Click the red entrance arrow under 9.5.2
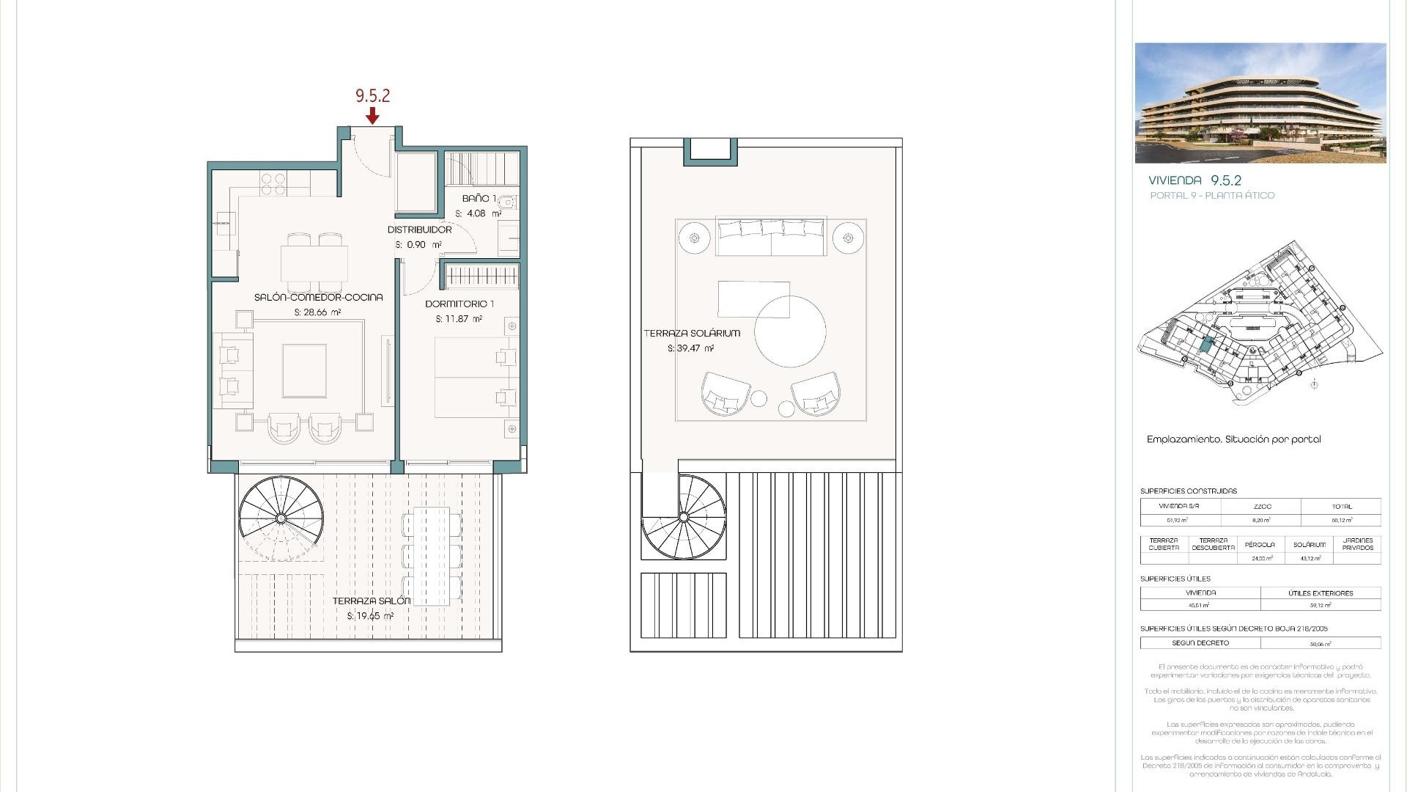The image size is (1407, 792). click(372, 116)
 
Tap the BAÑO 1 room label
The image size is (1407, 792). click(479, 199)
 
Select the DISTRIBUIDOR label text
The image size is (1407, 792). click(419, 230)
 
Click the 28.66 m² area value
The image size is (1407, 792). click(318, 312)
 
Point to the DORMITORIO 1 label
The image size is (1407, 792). click(459, 304)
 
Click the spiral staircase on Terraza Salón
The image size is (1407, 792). click(281, 518)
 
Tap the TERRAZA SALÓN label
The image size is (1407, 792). click(371, 601)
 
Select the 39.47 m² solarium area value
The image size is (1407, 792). click(690, 349)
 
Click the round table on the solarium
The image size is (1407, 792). click(790, 331)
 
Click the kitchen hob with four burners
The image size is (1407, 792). click(273, 184)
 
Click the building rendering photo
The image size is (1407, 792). click(1260, 103)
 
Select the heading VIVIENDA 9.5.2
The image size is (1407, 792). click(1194, 180)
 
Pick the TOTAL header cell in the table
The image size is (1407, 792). click(1341, 507)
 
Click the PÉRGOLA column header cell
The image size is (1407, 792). click(1260, 545)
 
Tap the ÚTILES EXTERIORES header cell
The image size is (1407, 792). click(1321, 593)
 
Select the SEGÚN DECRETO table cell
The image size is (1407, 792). click(1200, 643)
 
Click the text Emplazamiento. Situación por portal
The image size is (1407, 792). click(1233, 439)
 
